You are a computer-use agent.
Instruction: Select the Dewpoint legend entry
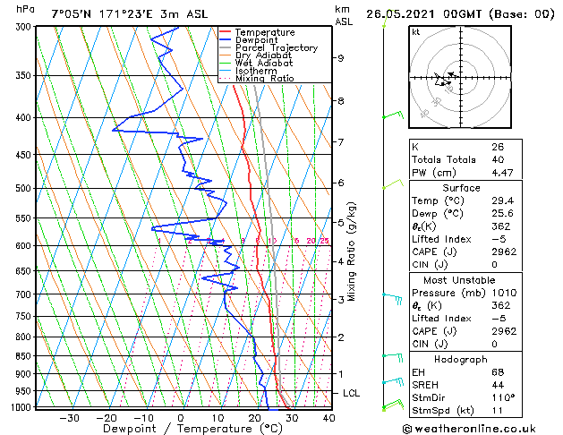(x=254, y=40)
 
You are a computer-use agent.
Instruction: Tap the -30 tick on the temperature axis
(x=69, y=418)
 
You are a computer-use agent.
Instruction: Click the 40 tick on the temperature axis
(x=328, y=418)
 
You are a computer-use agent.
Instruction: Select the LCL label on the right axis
(x=353, y=393)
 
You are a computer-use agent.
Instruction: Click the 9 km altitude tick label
(x=341, y=58)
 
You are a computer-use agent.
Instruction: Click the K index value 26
(x=497, y=147)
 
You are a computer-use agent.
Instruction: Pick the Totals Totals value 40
(x=497, y=160)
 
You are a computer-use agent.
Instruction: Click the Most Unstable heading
(x=462, y=280)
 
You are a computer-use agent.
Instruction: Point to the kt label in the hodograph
(x=416, y=32)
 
